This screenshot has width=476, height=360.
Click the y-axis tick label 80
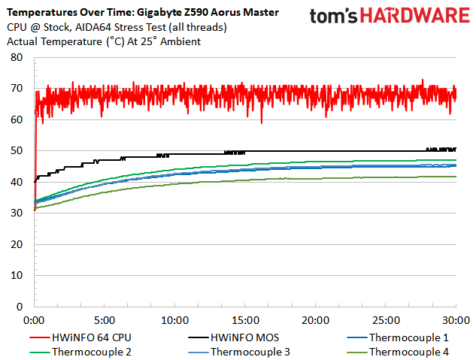coord(17,57)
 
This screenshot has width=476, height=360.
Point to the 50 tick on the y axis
coord(17,150)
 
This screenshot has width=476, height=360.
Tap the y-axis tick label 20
coord(17,244)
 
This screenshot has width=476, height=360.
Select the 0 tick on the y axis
coord(20,307)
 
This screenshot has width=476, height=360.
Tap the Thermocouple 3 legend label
coord(247,351)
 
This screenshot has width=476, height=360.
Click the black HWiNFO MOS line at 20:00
coord(316,151)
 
